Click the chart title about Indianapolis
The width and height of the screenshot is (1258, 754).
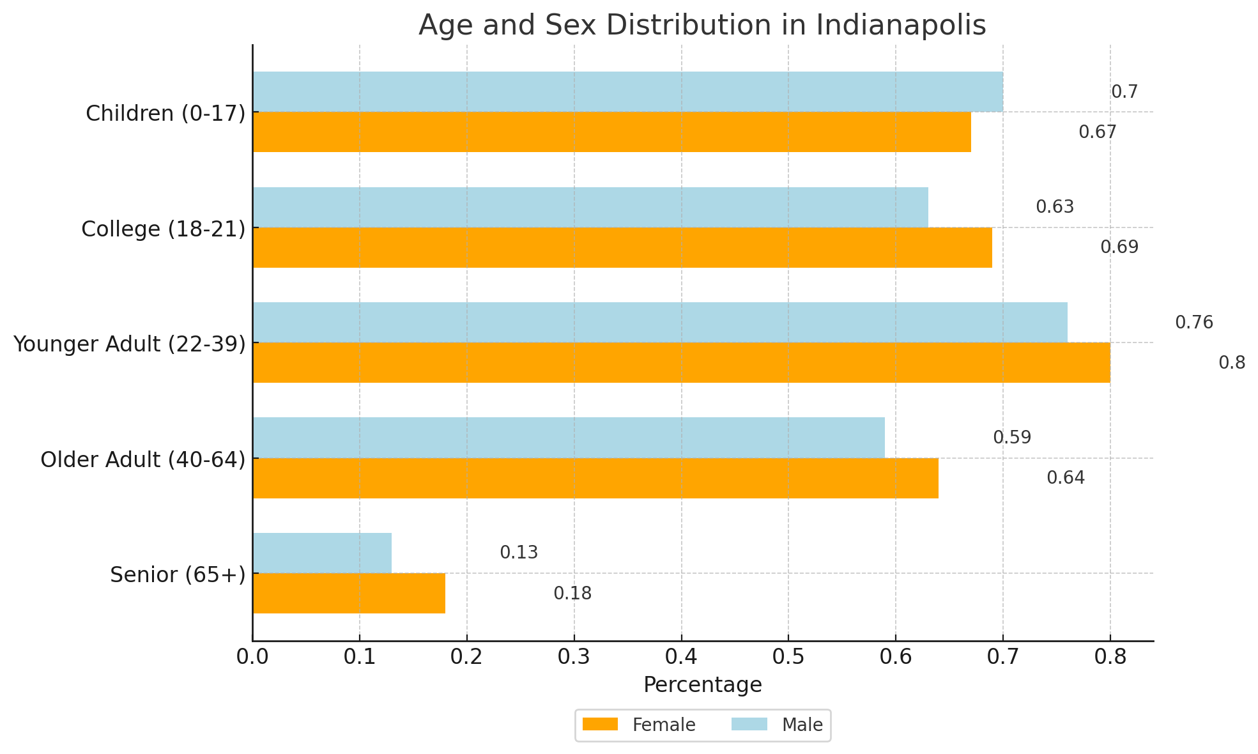click(702, 26)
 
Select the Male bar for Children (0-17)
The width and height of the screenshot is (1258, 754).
click(627, 91)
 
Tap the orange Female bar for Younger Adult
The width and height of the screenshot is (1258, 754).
click(681, 362)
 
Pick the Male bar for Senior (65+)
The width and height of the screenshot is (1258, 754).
click(322, 553)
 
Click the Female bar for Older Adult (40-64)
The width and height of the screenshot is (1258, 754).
click(595, 478)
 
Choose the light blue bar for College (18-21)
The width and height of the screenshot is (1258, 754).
click(590, 207)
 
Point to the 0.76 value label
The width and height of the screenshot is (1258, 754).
click(1193, 323)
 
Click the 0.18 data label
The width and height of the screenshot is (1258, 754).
click(572, 594)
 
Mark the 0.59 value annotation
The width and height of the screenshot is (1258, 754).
click(1012, 438)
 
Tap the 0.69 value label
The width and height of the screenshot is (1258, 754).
click(1119, 247)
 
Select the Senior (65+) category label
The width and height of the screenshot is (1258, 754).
click(178, 574)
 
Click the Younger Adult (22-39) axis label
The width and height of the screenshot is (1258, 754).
click(130, 344)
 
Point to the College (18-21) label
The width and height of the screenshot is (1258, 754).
click(164, 229)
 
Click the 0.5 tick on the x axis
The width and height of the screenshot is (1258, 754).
click(788, 657)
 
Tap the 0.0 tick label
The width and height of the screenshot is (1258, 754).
click(253, 657)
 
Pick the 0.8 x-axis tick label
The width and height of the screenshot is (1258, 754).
click(1110, 657)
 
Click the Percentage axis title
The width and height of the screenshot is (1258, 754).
click(702, 685)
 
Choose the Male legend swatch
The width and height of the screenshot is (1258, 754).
click(749, 725)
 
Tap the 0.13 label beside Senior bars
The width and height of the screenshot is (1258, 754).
click(519, 553)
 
